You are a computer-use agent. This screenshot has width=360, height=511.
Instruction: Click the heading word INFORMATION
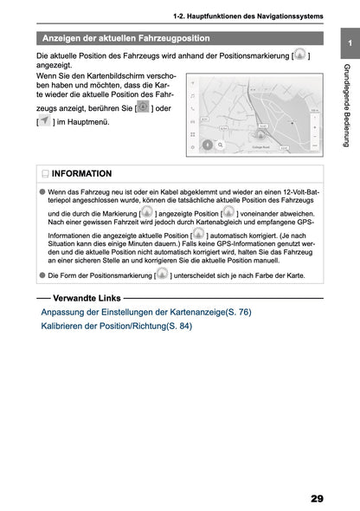pyautogui.click(x=82, y=173)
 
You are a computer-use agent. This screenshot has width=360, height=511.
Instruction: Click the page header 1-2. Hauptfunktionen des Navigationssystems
pyautogui.click(x=248, y=16)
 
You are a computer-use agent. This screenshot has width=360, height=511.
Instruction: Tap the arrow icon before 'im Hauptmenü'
pyautogui.click(x=45, y=123)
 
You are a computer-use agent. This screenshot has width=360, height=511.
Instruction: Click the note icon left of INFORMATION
pyautogui.click(x=45, y=173)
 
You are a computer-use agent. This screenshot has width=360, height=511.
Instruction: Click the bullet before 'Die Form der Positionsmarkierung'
pyautogui.click(x=42, y=275)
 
